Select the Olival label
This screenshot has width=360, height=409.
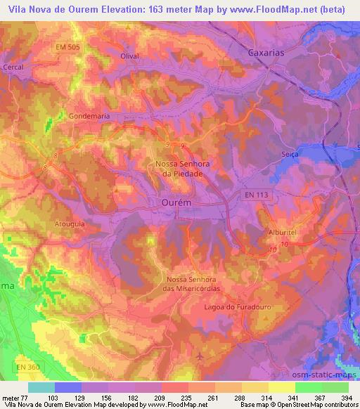[130, 56]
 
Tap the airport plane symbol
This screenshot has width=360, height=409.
[200, 357]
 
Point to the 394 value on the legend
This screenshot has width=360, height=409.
[347, 398]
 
